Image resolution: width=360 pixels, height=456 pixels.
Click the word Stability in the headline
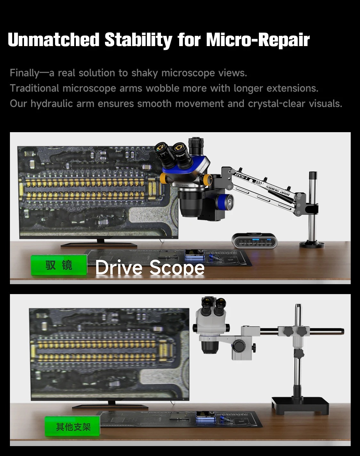[x=138, y=40]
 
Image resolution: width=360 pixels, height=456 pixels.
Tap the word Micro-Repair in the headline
[x=258, y=40]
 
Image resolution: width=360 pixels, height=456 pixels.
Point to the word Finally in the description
[x=24, y=73]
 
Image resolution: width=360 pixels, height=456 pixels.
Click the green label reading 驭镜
[x=59, y=265]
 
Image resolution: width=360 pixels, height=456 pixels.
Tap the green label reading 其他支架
[x=73, y=427]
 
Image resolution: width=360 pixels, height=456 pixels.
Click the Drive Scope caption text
[x=150, y=267]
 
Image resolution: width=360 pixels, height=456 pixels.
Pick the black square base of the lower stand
[x=300, y=405]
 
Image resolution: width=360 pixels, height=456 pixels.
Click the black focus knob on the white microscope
[x=238, y=345]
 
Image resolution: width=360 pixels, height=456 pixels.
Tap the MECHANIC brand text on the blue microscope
[x=183, y=185]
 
